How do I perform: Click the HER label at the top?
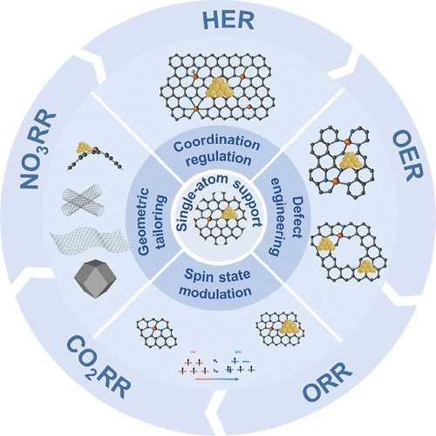click(218, 23)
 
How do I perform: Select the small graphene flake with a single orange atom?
click(157, 331)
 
